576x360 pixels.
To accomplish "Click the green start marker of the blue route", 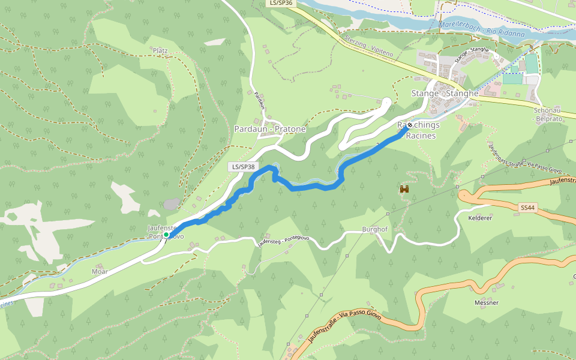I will [166, 235].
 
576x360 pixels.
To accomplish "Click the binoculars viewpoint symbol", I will [404, 189].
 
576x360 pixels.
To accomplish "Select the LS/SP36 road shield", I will [281, 3].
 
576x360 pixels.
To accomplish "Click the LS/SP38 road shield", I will [244, 167].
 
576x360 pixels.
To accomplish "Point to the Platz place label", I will [160, 50].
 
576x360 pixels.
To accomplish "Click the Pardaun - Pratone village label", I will [269, 129].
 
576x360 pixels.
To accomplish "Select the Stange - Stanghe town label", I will [445, 94].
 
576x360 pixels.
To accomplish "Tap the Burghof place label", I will [375, 229].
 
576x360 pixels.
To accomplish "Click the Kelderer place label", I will [480, 218].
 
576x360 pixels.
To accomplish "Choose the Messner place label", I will [486, 302].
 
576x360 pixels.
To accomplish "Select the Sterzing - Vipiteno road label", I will [368, 46].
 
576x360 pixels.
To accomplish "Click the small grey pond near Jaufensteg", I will [171, 204].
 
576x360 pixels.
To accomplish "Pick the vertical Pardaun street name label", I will [260, 100].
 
